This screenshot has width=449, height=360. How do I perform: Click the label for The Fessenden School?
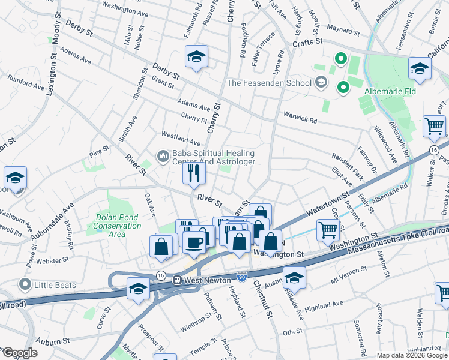[x=268, y=82]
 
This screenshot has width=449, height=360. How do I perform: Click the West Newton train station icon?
[x=177, y=280]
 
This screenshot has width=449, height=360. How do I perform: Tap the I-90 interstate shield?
[x=241, y=277]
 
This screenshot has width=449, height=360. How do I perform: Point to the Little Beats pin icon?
[x=25, y=284]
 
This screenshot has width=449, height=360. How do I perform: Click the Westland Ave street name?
[x=180, y=138]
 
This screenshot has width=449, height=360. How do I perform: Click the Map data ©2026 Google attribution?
[x=412, y=355]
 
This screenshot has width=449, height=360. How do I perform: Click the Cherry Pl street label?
[x=193, y=116]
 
